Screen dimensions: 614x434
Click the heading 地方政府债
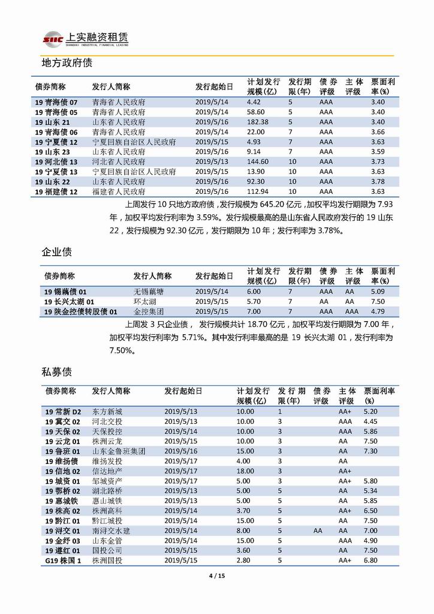coord(66,62)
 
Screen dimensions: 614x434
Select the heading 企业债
coord(56,251)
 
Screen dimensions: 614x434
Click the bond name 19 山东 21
coord(56,122)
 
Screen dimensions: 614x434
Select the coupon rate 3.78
coord(378,181)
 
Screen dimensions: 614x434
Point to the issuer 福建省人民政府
coord(119,191)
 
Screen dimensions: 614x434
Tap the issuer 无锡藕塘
coord(148,291)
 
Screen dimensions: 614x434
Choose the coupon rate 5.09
coord(378,291)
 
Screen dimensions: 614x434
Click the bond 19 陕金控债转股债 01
coord(80,312)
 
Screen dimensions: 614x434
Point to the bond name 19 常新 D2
coord(62,412)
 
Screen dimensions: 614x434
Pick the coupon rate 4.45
coord(370,421)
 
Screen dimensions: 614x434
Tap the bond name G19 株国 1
coord(62,560)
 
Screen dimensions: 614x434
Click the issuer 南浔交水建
coord(111,531)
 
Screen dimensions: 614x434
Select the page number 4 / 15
coord(216,576)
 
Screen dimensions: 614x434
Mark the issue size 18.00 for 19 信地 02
coord(246,471)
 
